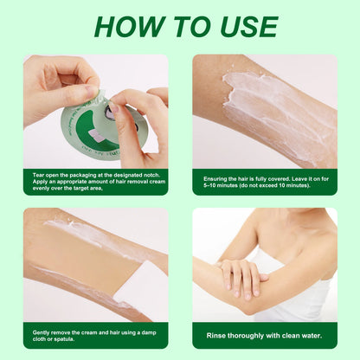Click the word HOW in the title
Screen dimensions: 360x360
(x=131, y=27)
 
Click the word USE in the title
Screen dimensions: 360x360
(x=244, y=27)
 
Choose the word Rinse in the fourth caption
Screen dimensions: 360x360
(x=216, y=335)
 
